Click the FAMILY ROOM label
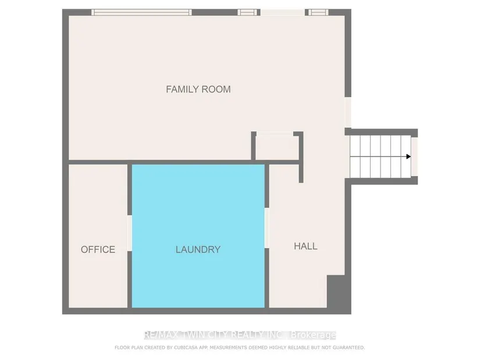click(x=198, y=89)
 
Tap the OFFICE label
click(x=98, y=249)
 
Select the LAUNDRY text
click(x=198, y=249)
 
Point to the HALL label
click(x=305, y=246)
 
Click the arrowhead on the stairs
click(x=408, y=156)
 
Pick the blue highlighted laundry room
click(x=198, y=236)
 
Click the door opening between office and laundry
click(x=130, y=233)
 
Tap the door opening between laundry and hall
click(x=266, y=228)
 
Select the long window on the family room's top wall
click(x=141, y=12)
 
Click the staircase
click(x=381, y=156)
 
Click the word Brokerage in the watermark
click(x=313, y=335)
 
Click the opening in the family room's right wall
click(x=348, y=112)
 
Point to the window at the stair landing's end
click(x=414, y=156)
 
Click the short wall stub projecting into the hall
click(x=301, y=171)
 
